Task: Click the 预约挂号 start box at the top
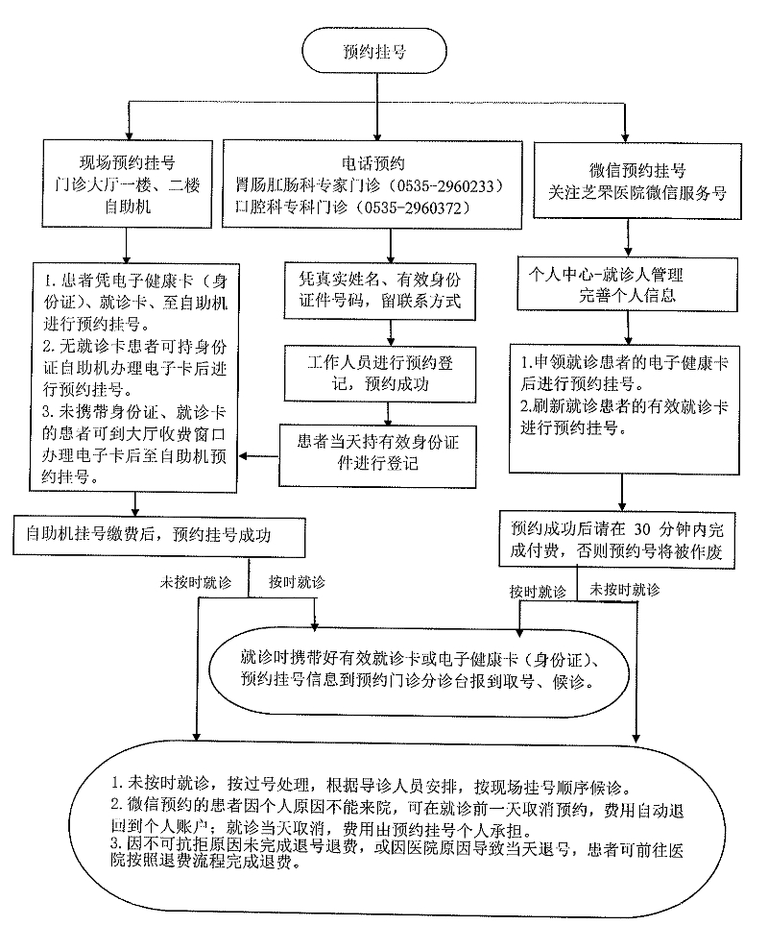point(374,51)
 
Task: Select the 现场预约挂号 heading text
point(127,162)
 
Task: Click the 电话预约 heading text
point(372,163)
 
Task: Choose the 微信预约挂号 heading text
point(637,170)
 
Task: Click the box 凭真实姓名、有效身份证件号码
point(380,290)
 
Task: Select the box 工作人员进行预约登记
point(380,374)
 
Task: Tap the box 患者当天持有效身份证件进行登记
point(377,455)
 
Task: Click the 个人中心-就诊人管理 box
point(627,284)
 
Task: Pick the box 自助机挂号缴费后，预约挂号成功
point(158,536)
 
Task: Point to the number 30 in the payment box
point(641,529)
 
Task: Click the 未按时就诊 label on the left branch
point(195,582)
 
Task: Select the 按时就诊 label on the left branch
point(297,582)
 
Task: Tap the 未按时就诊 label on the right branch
point(625,590)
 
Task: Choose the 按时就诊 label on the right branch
point(538,591)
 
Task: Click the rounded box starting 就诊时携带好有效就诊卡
point(420,671)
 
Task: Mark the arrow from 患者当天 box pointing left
point(258,455)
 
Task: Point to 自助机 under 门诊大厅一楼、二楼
point(127,207)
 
